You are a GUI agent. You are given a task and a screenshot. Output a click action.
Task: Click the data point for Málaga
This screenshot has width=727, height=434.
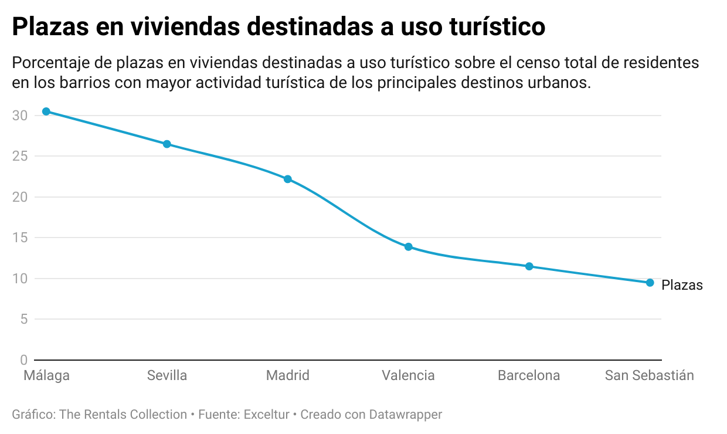coord(46,111)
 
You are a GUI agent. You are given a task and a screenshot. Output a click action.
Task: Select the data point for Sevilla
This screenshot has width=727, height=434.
coord(167,144)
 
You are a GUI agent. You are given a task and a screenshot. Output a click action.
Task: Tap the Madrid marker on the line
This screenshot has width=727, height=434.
coord(288,179)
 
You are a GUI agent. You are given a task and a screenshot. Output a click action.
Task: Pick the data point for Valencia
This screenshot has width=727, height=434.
coord(409,247)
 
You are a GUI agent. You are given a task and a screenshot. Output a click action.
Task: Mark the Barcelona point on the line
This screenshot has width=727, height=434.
coord(529,266)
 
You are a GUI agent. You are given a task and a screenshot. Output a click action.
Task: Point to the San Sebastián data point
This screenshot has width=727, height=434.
coord(650,283)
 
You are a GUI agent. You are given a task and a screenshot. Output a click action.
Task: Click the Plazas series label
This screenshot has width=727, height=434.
coord(682,286)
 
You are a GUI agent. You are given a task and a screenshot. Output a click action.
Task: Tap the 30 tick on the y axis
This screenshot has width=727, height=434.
coord(20,116)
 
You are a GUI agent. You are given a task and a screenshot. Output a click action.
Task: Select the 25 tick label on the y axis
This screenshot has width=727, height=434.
coord(20,157)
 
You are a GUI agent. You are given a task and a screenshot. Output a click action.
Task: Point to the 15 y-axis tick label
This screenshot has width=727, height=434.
coord(20,238)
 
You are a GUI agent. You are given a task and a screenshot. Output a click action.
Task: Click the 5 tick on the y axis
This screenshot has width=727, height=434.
coord(23,319)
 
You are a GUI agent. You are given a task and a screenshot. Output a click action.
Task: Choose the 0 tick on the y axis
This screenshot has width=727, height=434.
coord(23,360)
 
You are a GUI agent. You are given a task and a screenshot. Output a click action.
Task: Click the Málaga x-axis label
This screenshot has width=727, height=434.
coord(46,375)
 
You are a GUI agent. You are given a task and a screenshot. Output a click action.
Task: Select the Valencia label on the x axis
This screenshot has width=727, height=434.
coord(409,375)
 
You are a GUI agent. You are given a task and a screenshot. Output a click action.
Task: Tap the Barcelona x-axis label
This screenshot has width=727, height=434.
coord(529,375)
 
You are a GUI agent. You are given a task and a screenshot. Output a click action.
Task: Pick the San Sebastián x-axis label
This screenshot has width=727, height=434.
coord(650,375)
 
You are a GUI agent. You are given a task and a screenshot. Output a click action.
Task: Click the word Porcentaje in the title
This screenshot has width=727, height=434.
coord(46,63)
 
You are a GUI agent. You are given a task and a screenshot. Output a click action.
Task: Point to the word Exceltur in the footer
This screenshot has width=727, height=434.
coord(267,415)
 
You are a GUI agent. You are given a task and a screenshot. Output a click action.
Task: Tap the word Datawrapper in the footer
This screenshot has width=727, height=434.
coord(406,415)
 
